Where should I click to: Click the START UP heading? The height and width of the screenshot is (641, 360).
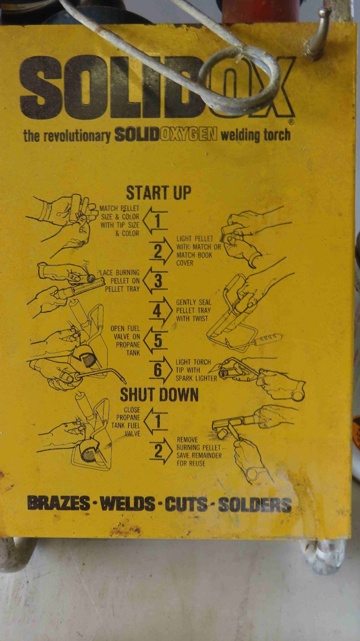[x=158, y=193]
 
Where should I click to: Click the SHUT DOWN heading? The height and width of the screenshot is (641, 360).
[x=159, y=394]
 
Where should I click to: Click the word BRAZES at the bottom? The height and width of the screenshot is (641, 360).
[x=58, y=504]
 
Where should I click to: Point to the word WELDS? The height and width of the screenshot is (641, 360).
[x=127, y=504]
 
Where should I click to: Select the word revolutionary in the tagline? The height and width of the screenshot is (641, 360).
[x=77, y=136]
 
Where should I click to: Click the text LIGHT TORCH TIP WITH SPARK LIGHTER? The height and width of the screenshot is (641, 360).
[x=196, y=370]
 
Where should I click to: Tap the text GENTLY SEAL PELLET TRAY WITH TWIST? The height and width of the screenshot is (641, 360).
[x=193, y=310]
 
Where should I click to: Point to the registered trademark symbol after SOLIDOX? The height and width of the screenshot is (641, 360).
[x=291, y=122]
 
